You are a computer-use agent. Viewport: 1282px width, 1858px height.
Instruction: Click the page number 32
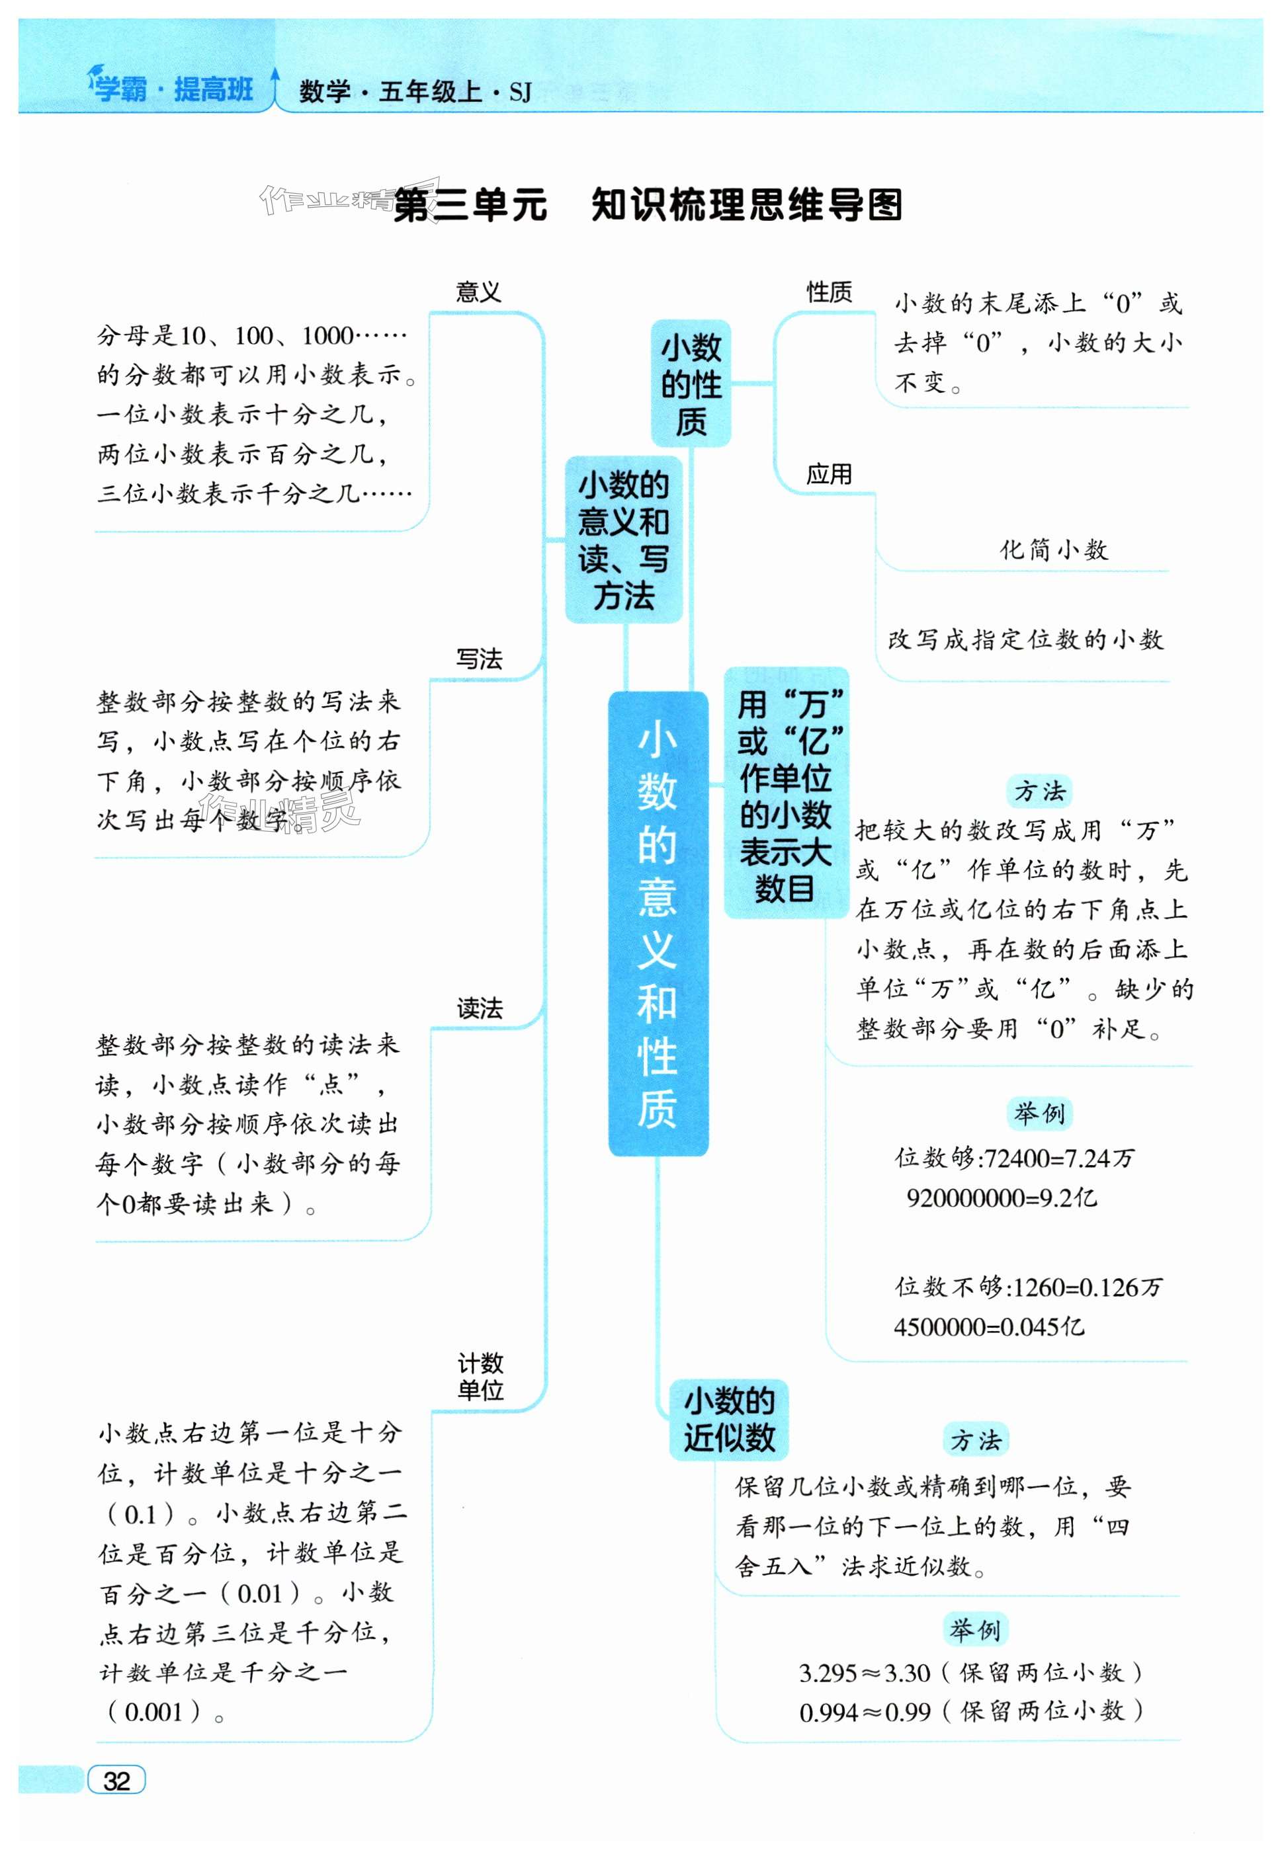coord(116,1780)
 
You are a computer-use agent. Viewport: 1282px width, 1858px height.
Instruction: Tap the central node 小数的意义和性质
coord(657,923)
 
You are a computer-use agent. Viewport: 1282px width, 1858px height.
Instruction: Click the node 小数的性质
coord(691,384)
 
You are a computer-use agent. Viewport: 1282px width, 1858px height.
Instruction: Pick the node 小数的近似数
coord(728,1420)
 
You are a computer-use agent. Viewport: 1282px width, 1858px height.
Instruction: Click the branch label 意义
coord(479,292)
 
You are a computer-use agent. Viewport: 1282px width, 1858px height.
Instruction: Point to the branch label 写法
coord(480,659)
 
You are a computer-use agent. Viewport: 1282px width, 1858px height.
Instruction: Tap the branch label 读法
coord(480,1008)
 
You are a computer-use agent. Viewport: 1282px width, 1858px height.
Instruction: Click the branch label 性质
coord(829,292)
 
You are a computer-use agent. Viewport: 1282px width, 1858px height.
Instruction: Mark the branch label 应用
coord(829,475)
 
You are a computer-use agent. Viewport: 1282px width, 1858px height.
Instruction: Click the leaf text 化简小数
coord(1053,550)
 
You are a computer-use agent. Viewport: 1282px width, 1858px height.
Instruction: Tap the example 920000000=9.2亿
coord(1001,1198)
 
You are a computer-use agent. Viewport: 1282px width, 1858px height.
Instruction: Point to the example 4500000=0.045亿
coord(989,1326)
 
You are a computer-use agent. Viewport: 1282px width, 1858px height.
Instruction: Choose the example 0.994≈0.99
coord(865,1713)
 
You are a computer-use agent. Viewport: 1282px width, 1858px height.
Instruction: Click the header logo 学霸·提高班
coord(173,89)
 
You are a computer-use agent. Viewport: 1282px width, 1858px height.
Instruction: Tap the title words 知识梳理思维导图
coord(747,206)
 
